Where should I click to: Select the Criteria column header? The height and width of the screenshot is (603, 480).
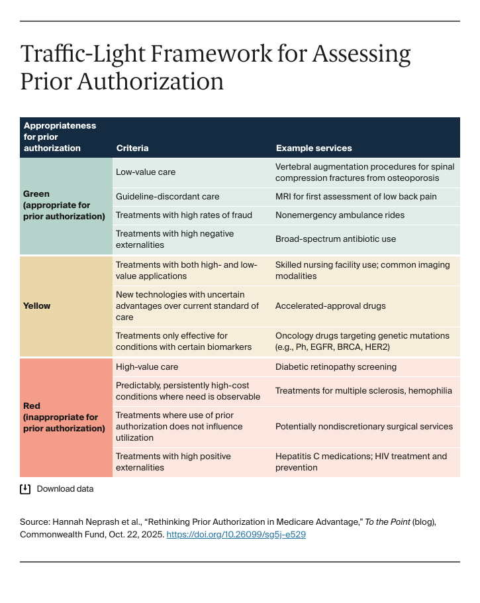[132, 148]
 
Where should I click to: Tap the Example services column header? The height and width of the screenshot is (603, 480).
[314, 148]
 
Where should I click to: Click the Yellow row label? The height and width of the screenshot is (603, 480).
[37, 306]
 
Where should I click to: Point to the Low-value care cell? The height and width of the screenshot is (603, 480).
[146, 172]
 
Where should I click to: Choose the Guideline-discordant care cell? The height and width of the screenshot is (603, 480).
[168, 197]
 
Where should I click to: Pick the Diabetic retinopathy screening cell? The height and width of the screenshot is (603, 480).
[336, 366]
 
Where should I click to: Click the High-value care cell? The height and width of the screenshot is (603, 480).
[147, 366]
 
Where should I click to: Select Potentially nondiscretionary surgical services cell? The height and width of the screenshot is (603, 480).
[364, 426]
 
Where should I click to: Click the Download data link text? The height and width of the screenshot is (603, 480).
[65, 489]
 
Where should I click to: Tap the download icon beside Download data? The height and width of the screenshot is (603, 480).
[25, 489]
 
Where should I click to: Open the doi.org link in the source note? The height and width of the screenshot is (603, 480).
[236, 534]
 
